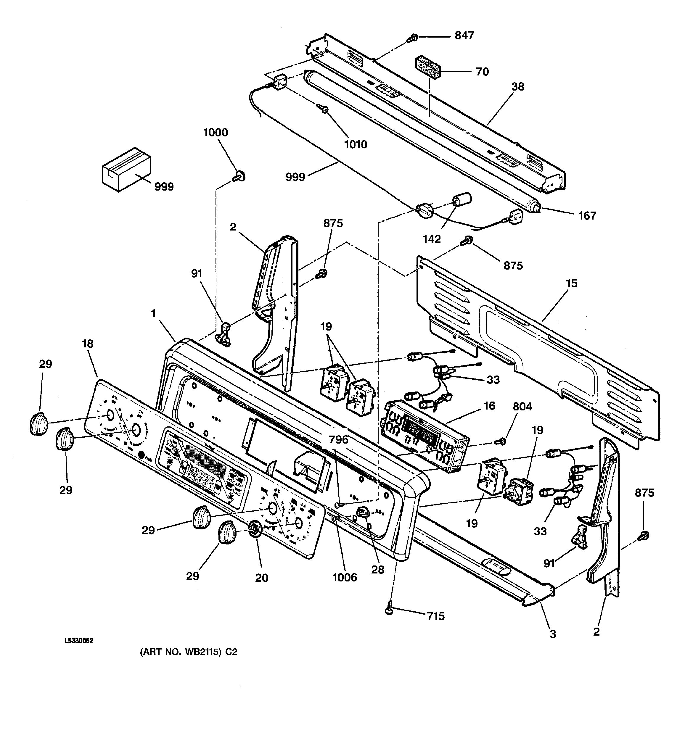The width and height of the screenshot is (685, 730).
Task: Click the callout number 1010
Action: coord(355,145)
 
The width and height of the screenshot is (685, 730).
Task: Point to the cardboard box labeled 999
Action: coord(126,169)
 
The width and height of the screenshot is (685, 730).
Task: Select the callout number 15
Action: coord(572,283)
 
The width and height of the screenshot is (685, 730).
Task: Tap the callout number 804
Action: coord(522,407)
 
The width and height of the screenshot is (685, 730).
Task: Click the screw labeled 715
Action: coord(389,611)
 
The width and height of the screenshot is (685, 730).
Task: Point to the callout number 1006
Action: coord(345,578)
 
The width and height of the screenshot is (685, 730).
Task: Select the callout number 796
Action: coord(338,439)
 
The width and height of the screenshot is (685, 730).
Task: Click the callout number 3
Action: coord(552,634)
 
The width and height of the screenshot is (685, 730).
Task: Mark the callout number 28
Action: coord(377,570)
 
